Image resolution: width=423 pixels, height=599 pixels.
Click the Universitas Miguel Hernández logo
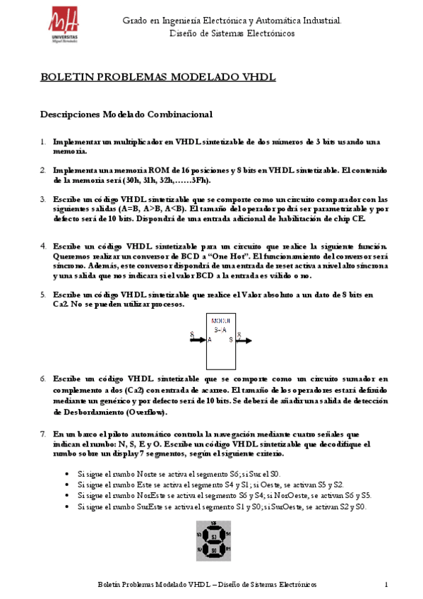[64, 26]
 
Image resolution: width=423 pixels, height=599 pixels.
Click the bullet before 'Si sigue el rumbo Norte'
[66, 475]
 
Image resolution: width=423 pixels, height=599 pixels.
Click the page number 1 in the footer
[387, 585]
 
